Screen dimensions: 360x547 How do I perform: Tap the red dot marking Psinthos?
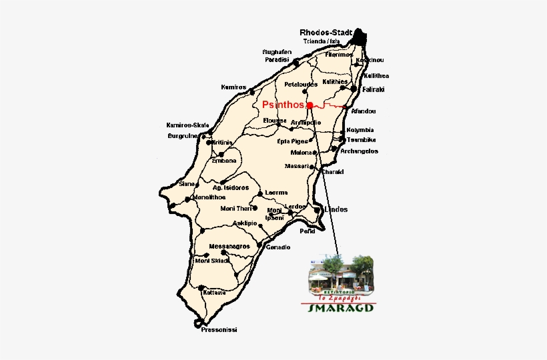pyautogui.click(x=310, y=105)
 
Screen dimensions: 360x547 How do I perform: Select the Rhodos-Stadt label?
pyautogui.click(x=326, y=32)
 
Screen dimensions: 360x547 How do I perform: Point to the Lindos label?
pyautogui.click(x=335, y=209)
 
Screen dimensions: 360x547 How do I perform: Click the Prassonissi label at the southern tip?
pyautogui.click(x=219, y=330)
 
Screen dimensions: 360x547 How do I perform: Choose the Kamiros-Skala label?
pyautogui.click(x=187, y=125)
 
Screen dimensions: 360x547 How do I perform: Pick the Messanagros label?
pyautogui.click(x=229, y=246)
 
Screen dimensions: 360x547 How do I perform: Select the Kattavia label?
pyautogui.click(x=214, y=293)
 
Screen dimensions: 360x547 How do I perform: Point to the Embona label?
pyautogui.click(x=224, y=161)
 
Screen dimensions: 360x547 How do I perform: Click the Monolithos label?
pyautogui.click(x=208, y=197)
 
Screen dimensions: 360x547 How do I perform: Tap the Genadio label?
pyautogui.click(x=278, y=247)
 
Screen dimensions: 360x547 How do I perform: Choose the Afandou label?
pyautogui.click(x=363, y=111)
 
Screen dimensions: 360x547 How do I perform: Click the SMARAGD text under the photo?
pyautogui.click(x=340, y=307)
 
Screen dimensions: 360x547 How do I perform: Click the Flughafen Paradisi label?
pyautogui.click(x=276, y=55)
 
